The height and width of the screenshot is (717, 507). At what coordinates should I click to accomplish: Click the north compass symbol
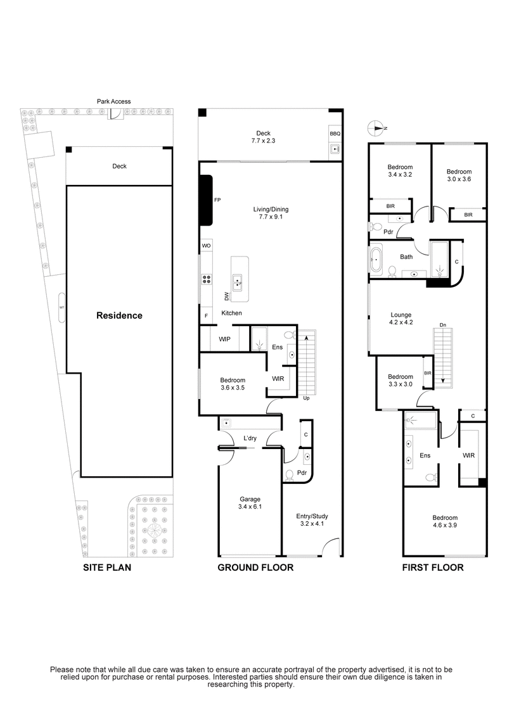coord(376,128)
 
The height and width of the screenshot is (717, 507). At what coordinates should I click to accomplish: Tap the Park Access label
coord(114,101)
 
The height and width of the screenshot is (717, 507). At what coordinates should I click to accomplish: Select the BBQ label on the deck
coord(334,134)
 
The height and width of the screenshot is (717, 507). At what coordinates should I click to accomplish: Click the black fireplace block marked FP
coord(206,200)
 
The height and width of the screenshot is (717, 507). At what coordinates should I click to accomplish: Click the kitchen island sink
coord(237,281)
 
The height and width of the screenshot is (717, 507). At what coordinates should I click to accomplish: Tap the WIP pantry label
coord(224,339)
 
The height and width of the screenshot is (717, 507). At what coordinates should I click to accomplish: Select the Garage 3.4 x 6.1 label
coord(249,503)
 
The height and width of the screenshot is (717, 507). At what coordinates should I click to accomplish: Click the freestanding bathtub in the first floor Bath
coord(376,260)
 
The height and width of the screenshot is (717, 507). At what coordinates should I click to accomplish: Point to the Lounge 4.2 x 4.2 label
coord(401,319)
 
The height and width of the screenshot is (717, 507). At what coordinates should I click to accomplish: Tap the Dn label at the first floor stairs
coord(444,326)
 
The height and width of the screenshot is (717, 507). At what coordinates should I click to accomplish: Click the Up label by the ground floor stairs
coord(307,398)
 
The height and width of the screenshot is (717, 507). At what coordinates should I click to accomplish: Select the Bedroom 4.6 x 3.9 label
coord(444,521)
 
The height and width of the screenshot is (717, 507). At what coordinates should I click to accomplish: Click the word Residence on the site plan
coord(119,315)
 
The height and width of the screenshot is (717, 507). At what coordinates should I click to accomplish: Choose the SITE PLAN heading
coord(107,568)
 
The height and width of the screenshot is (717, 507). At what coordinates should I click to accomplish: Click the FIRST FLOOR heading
coord(433,568)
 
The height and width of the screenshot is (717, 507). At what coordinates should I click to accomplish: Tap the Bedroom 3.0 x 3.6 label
coord(459,175)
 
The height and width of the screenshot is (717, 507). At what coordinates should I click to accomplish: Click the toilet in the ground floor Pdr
coord(290,475)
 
